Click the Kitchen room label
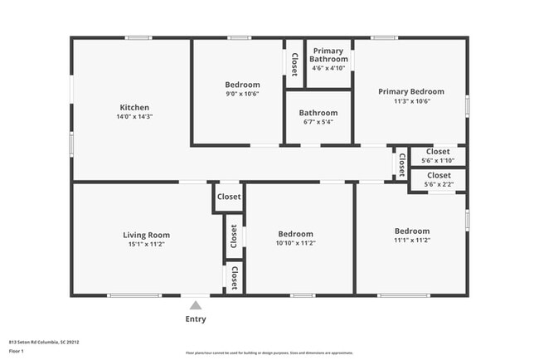pos(134,107)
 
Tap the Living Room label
pos(147,235)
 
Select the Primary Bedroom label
pos(411,91)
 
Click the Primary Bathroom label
pos(328,55)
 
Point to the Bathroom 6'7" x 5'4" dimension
pos(318,123)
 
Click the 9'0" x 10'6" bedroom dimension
pos(242,95)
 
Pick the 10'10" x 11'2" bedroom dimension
pos(296,243)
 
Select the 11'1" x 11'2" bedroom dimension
pos(412,241)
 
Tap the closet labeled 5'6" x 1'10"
pos(438,161)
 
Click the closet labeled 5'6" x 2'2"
pos(438,185)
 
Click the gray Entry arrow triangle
pos(196,305)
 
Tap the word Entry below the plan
pos(196,319)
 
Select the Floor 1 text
pos(17,351)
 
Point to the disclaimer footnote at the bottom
pos(269,352)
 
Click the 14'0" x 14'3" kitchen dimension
pos(134,117)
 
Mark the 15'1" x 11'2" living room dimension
pos(147,245)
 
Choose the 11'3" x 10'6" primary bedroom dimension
pos(411,101)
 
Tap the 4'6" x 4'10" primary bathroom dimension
pos(328,69)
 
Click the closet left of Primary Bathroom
pos(294,64)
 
